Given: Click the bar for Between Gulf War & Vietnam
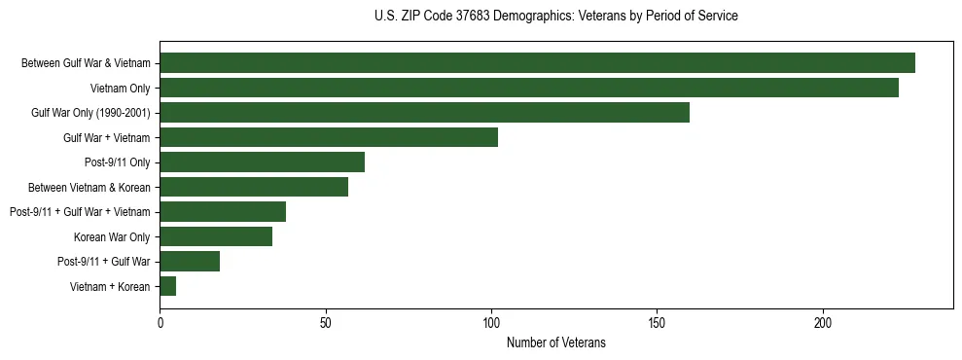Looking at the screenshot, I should pos(537,63).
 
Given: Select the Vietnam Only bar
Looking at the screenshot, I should pos(529,88).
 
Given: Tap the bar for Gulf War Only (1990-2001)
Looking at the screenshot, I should pos(424,113).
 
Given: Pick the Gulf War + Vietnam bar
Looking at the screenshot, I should pos(329,137).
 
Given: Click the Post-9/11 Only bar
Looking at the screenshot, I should pos(262,162).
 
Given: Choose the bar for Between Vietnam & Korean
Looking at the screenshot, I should pos(254,187).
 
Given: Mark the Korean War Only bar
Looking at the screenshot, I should pos(216,236).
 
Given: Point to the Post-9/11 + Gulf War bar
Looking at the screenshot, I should pos(190,261).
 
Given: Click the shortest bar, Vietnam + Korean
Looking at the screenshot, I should pos(168,286).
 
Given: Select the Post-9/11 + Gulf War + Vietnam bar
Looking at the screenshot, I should pos(223,211).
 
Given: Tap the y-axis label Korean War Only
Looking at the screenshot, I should pos(112,237).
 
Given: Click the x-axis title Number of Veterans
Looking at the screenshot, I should pos(555,342).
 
